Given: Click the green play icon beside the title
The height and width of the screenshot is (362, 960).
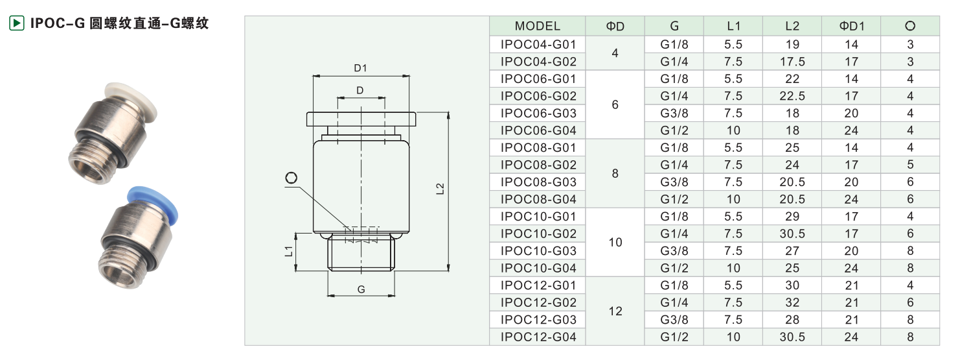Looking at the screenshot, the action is [17, 23].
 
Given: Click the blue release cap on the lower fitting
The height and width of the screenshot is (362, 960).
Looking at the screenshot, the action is [154, 204].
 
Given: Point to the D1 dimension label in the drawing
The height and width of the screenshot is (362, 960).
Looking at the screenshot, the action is [360, 68].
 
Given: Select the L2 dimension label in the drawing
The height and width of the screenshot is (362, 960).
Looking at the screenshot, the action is [440, 189].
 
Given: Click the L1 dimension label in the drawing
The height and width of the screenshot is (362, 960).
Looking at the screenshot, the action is [289, 251].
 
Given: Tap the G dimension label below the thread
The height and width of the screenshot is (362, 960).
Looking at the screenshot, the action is [361, 289].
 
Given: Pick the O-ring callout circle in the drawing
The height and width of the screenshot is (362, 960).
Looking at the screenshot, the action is [291, 178].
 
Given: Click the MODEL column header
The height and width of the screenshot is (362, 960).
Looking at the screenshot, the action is [538, 26].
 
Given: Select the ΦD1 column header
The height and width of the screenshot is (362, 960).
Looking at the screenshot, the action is [851, 26].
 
